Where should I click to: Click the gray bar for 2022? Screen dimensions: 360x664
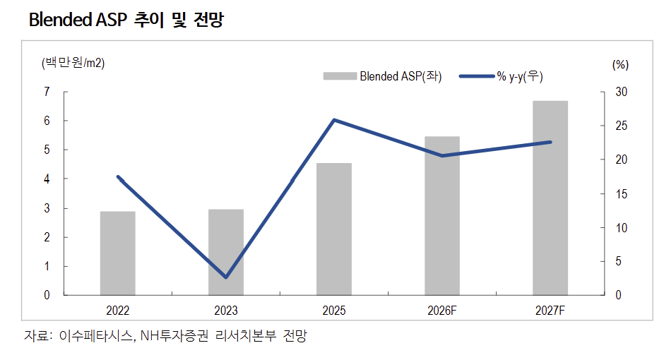tap(117, 253)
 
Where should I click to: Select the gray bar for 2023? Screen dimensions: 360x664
tap(225, 252)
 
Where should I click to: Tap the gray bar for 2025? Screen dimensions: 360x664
tap(333, 229)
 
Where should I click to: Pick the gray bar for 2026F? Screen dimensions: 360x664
tap(441, 215)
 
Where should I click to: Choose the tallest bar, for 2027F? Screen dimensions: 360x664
tap(550, 198)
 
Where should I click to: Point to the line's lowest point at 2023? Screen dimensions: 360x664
tap(225, 277)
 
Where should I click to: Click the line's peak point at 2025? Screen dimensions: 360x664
tap(333, 120)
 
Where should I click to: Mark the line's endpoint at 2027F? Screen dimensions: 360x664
tap(550, 142)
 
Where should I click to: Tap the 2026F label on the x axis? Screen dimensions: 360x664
tap(441, 311)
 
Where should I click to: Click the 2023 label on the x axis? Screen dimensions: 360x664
tap(225, 311)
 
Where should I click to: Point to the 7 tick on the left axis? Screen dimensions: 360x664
tap(47, 92)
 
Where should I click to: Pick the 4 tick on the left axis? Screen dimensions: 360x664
tap(47, 179)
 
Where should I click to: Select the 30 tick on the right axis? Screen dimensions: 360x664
tap(620, 92)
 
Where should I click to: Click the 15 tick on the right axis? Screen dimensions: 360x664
tap(620, 194)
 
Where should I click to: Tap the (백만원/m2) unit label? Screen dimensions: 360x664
tap(73, 63)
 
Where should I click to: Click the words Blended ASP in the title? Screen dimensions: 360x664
tap(76, 20)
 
